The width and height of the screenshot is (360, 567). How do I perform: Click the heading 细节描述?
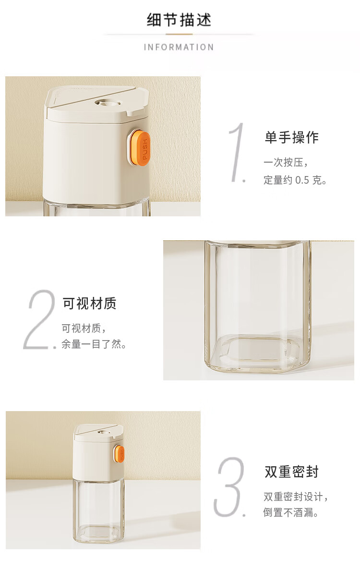coord(179,20)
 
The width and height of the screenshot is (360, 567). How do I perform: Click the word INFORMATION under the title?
coord(179,47)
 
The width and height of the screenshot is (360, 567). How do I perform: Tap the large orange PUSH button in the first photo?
coord(140,148)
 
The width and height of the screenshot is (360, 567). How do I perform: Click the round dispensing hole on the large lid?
coord(108,103)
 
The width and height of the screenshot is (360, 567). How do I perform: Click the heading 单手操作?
coord(292,137)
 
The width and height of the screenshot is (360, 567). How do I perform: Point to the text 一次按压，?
coord(286,162)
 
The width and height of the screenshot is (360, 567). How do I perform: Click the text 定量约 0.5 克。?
coord(295,180)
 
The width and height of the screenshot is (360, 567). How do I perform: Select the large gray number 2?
coord(40,319)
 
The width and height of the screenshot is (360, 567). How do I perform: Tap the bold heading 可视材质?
coord(90,303)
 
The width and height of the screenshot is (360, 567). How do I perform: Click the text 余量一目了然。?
coord(94,344)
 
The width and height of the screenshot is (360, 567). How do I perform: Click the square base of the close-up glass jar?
coord(257,353)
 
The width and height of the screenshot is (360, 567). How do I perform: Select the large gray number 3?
coord(230,486)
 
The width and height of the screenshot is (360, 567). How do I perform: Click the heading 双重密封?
coord(292,472)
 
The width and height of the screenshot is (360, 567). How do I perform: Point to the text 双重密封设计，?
coord(296,497)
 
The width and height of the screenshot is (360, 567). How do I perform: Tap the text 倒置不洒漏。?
coord(290,512)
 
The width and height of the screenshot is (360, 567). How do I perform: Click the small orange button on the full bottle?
coord(120,454)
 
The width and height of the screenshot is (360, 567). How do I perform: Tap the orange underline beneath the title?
coord(179,35)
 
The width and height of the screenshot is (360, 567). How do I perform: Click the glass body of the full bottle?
coord(98,510)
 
